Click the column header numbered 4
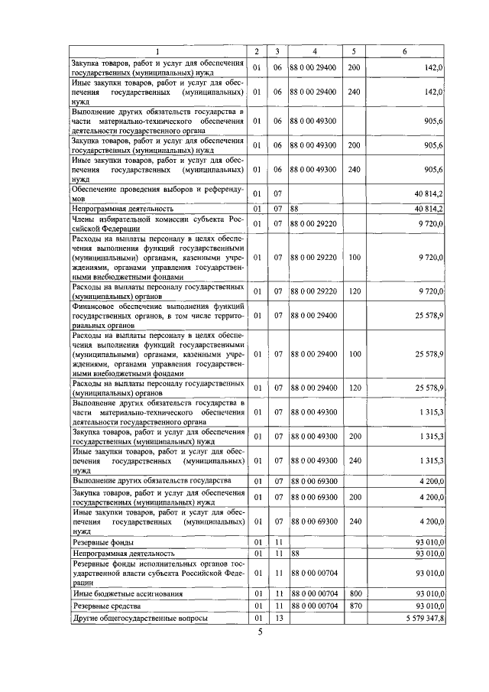[x=314, y=51]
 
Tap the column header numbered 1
[x=158, y=51]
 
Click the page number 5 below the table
[x=259, y=631]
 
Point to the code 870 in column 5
[x=353, y=606]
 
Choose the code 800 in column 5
[x=353, y=593]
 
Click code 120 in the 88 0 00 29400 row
[x=353, y=388]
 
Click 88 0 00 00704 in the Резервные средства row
[x=314, y=606]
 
